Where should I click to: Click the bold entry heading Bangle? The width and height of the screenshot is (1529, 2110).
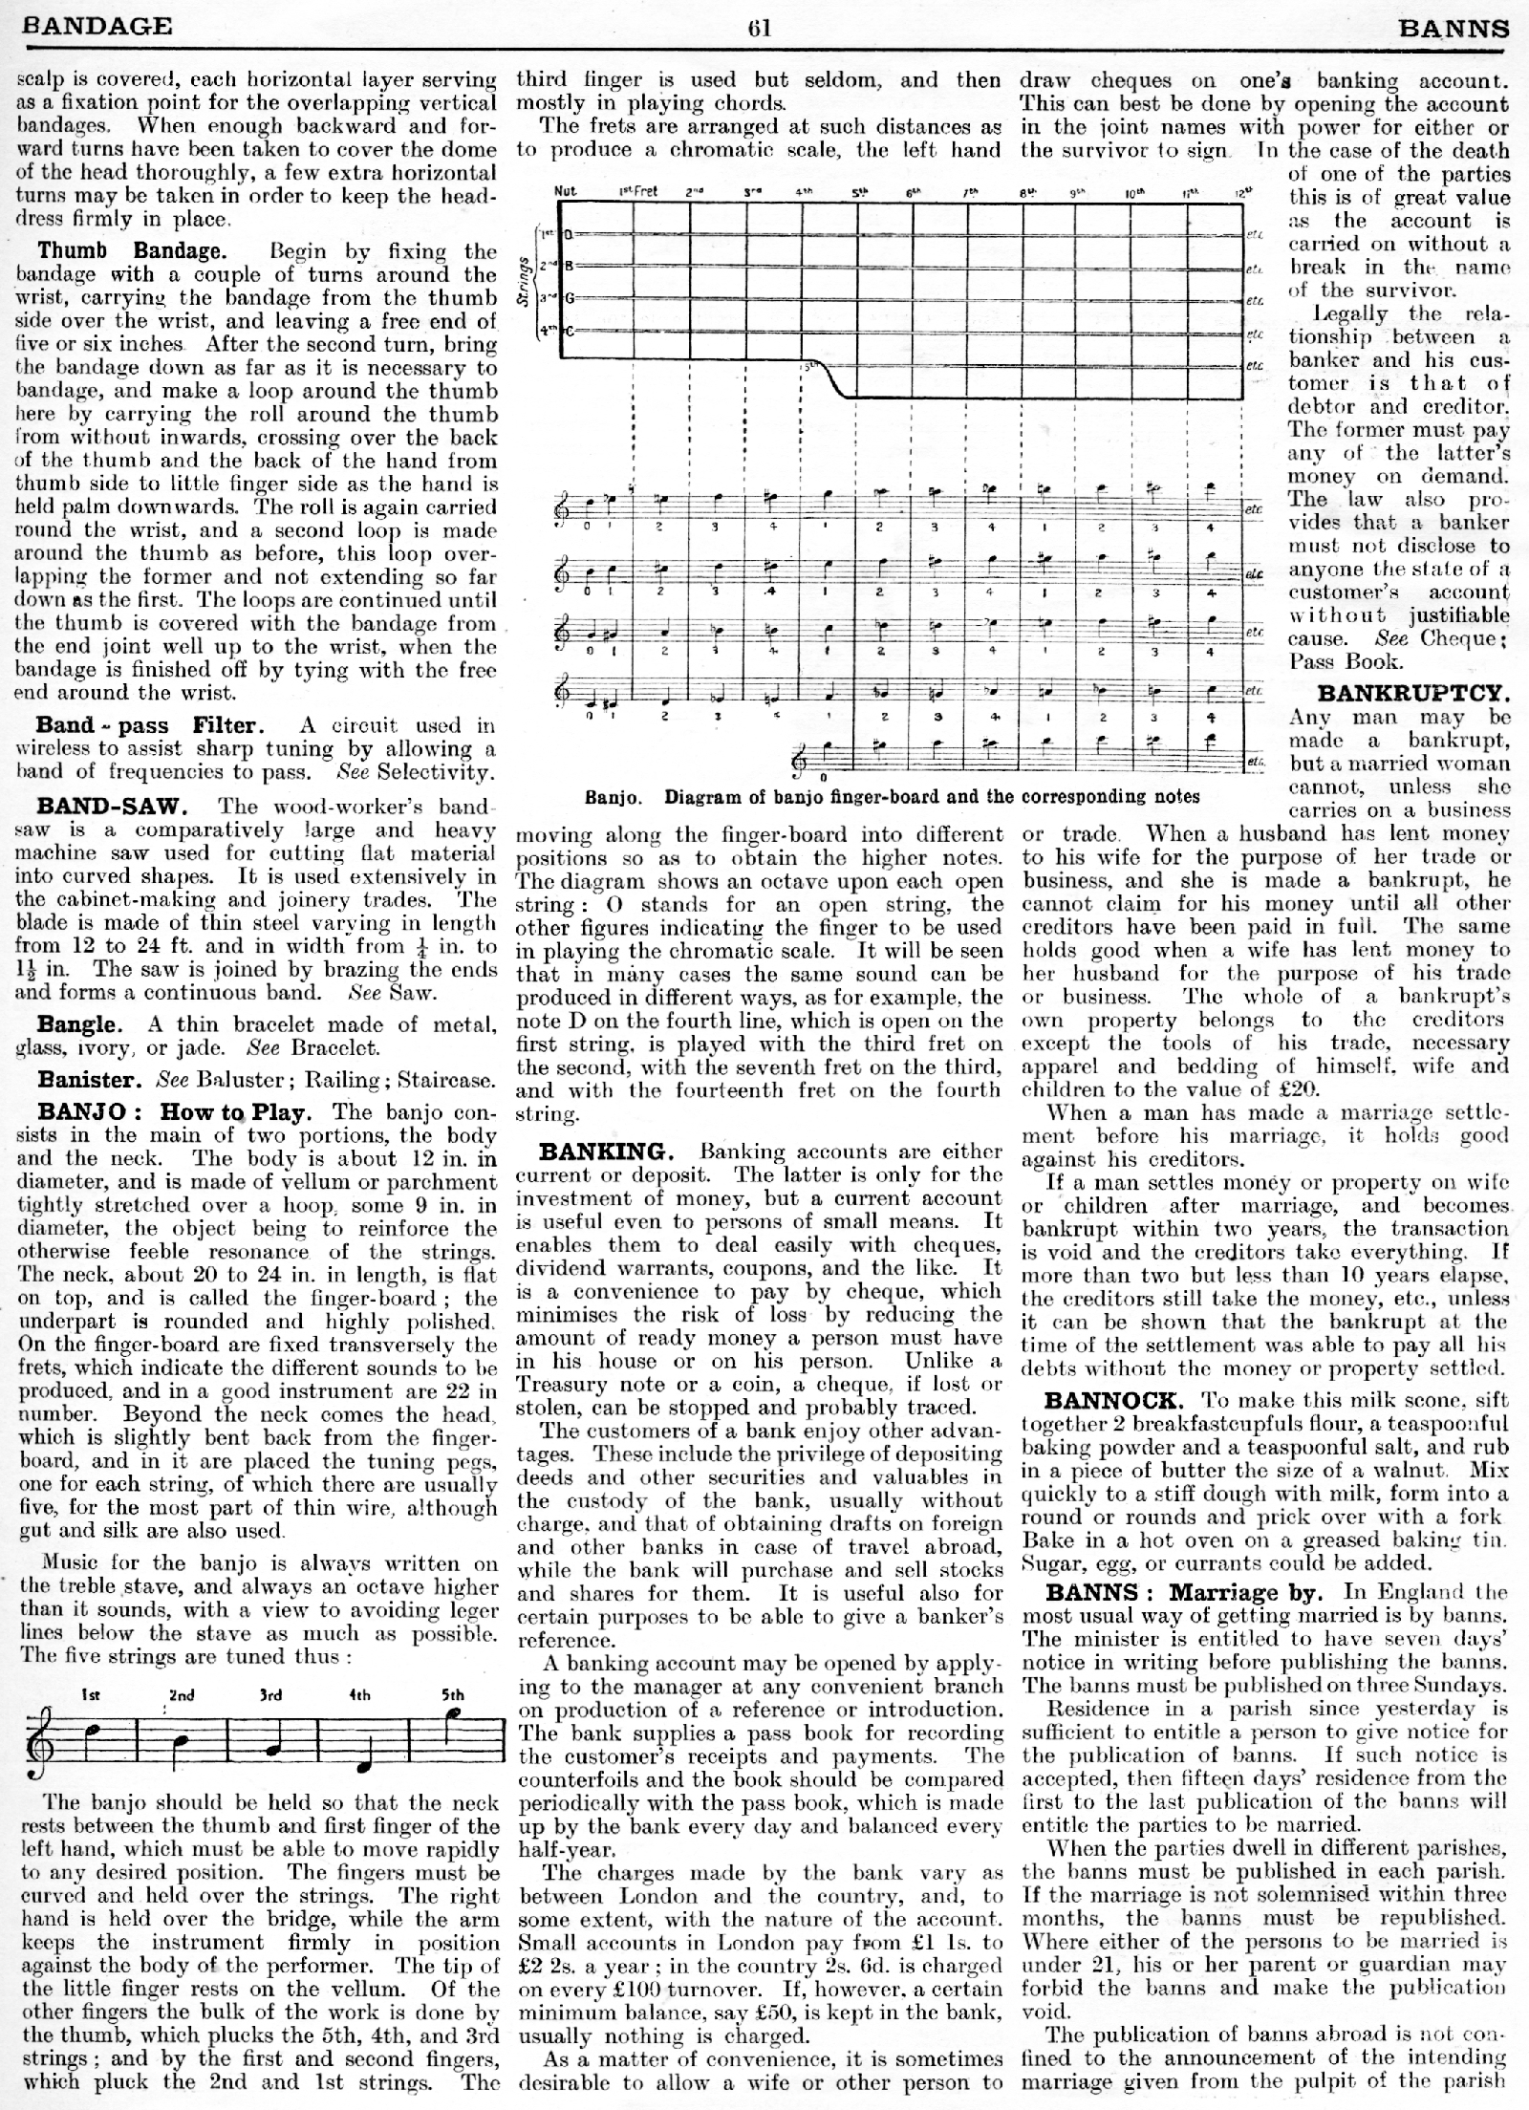point(79,1024)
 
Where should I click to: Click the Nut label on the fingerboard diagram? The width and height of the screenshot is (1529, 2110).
point(565,190)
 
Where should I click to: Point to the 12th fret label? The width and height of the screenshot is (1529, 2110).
point(1241,191)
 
